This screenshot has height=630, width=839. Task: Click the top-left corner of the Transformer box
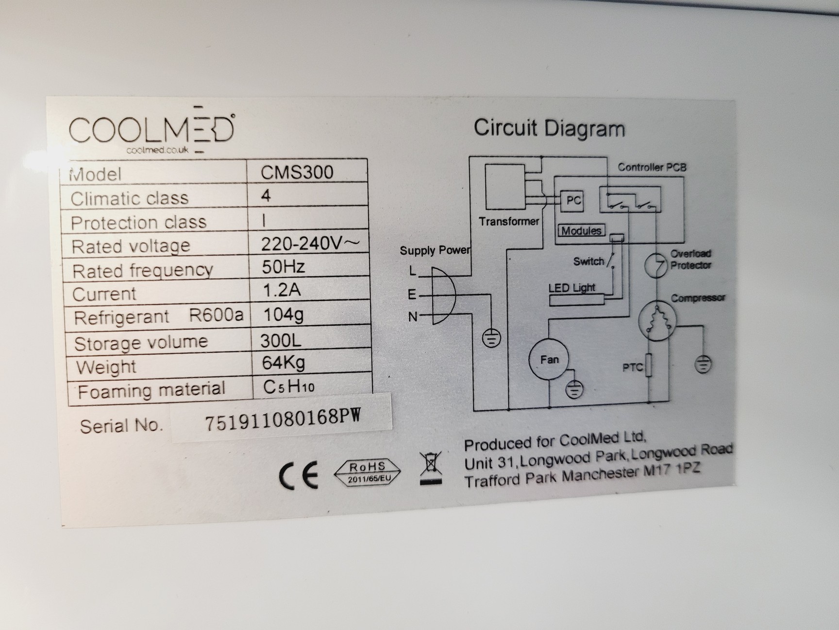coord(486,165)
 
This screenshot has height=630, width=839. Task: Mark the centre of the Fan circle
coord(549,359)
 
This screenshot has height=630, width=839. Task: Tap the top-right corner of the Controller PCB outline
coord(684,177)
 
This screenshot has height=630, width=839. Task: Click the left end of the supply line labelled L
coord(419,276)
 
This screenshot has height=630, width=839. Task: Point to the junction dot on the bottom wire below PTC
coord(650,402)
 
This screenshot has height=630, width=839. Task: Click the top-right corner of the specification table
coord(367,159)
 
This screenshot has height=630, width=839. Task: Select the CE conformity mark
coord(298,474)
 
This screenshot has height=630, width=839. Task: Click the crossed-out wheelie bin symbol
coord(431,468)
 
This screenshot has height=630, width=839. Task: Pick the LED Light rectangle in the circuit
coord(577,299)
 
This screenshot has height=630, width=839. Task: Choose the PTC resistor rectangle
coord(648,365)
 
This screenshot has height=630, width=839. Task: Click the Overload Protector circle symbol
coord(655,265)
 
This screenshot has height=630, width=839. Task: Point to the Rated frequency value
coord(284,266)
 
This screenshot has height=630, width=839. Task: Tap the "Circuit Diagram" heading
coord(549,128)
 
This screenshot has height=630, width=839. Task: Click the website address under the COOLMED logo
coord(157,150)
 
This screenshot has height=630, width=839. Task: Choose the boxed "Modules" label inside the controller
coord(581,230)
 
